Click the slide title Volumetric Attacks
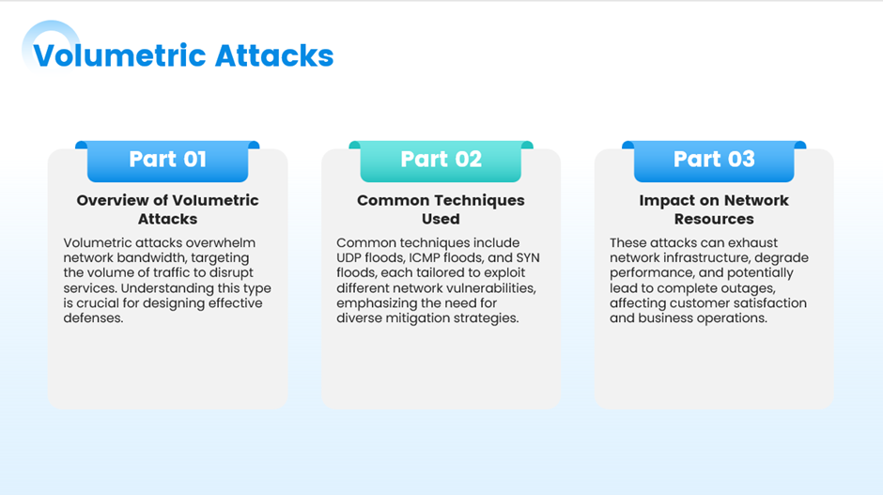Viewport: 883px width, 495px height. coord(183,55)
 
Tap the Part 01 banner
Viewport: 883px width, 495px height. coord(167,161)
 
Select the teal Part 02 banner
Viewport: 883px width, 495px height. coord(441,161)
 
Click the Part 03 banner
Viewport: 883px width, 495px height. coord(714,161)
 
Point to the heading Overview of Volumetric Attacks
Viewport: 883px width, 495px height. coord(168,209)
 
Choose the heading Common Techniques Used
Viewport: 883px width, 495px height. coord(441,209)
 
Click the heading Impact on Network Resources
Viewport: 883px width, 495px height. coord(714,209)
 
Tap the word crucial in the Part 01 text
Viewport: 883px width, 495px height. coord(107,303)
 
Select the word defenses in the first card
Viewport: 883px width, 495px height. coord(93,318)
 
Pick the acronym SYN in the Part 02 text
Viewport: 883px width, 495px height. coord(528,258)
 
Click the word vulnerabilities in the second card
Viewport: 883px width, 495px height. coord(494,288)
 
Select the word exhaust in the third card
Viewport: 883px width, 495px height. coord(752,242)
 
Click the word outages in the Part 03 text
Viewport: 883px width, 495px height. coord(751,289)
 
